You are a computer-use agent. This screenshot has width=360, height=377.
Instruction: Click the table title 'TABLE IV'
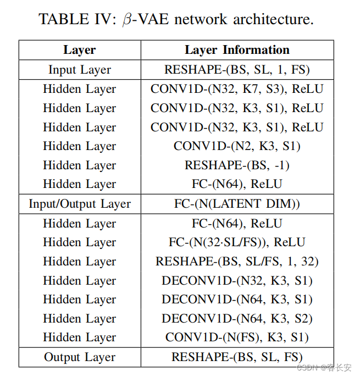pyautogui.click(x=75, y=19)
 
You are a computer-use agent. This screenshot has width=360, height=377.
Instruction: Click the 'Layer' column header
pyautogui.click(x=80, y=50)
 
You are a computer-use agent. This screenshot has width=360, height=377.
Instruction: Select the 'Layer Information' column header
pyautogui.click(x=237, y=50)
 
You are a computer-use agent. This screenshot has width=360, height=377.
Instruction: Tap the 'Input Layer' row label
pyautogui.click(x=80, y=70)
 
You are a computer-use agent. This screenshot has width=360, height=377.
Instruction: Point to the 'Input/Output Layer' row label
pyautogui.click(x=80, y=204)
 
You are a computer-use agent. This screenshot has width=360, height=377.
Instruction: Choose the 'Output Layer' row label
pyautogui.click(x=80, y=357)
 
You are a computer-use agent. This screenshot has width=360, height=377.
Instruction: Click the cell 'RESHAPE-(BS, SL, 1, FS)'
pyautogui.click(x=237, y=70)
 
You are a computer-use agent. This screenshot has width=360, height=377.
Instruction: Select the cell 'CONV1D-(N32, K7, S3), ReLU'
pyautogui.click(x=237, y=89)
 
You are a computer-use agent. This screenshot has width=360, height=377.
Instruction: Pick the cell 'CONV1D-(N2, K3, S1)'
pyautogui.click(x=237, y=146)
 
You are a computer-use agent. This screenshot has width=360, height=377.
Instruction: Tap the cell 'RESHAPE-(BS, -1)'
pyautogui.click(x=237, y=165)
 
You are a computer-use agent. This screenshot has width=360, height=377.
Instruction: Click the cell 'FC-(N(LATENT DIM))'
pyautogui.click(x=237, y=204)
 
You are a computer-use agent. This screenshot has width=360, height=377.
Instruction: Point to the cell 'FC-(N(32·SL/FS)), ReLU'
pyautogui.click(x=237, y=242)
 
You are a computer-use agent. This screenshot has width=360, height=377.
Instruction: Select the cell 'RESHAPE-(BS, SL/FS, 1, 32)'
pyautogui.click(x=237, y=262)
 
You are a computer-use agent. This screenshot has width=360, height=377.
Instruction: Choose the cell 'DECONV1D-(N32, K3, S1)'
pyautogui.click(x=237, y=281)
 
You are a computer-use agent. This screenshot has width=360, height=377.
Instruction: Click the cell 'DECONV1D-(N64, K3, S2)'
pyautogui.click(x=237, y=319)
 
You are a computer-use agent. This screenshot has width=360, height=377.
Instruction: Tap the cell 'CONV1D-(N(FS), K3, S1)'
pyautogui.click(x=237, y=337)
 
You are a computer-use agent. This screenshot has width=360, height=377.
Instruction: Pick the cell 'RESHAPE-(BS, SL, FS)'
pyautogui.click(x=237, y=357)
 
